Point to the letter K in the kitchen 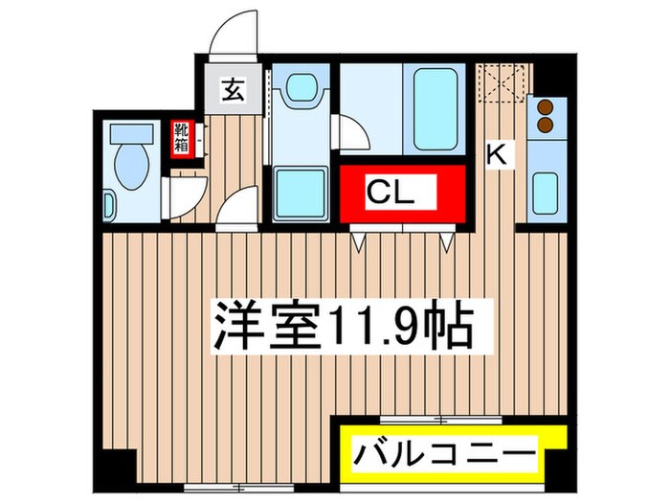[496, 153]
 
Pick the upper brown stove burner [545, 106]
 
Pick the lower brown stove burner [545, 125]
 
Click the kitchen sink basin [544, 192]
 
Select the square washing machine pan [300, 194]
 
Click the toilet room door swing [184, 196]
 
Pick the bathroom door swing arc [346, 131]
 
